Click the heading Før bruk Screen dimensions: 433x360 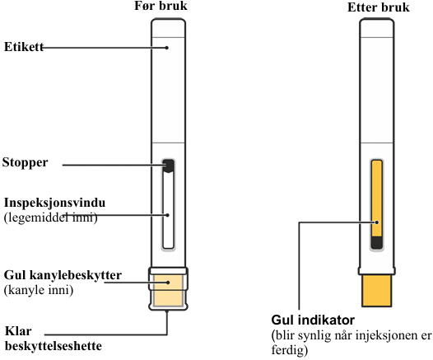tap(161, 6)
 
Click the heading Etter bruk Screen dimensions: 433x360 tap(379, 7)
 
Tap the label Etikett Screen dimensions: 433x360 tap(24, 47)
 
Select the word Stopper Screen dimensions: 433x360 tap(26, 163)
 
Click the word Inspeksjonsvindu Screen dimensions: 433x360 tap(54, 203)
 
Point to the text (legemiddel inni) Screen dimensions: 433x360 tap(51, 217)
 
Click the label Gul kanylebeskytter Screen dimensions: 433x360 tap(63, 275)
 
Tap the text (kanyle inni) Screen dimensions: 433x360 tap(39, 290)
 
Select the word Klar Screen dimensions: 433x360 tap(18, 331)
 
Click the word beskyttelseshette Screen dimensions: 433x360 tap(54, 346)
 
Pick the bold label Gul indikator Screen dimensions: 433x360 tap(313, 320)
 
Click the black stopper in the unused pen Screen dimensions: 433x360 tap(168, 166)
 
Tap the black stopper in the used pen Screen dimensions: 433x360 tap(377, 242)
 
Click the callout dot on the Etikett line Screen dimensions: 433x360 tap(167, 48)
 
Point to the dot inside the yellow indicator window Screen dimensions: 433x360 tap(377, 222)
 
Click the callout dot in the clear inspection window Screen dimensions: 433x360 tap(168, 215)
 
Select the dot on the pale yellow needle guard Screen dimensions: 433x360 tap(168, 283)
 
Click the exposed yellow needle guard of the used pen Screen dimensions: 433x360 tap(377, 291)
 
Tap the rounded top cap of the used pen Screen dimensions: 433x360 tap(377, 28)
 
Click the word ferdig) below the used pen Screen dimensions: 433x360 tap(290, 350)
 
